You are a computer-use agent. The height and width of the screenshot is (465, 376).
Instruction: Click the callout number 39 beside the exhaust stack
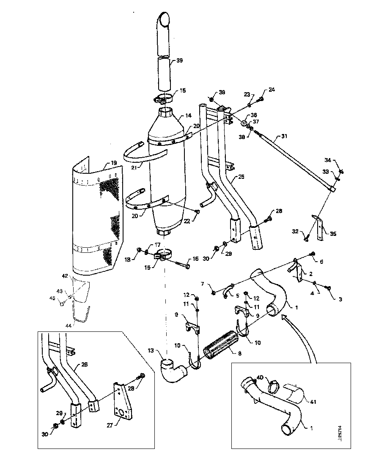(x=180, y=61)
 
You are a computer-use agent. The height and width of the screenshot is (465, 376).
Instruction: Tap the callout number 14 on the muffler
(x=188, y=115)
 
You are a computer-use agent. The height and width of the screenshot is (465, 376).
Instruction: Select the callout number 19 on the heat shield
(x=114, y=163)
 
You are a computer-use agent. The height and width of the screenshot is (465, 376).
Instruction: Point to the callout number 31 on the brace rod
(x=284, y=137)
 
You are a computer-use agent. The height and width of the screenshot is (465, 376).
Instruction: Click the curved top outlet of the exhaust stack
(x=164, y=19)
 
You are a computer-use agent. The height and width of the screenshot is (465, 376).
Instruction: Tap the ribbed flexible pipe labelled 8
(x=219, y=345)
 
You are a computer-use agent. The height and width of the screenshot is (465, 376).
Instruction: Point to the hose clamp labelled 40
(x=275, y=386)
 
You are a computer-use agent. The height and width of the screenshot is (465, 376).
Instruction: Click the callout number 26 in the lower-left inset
(x=85, y=365)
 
